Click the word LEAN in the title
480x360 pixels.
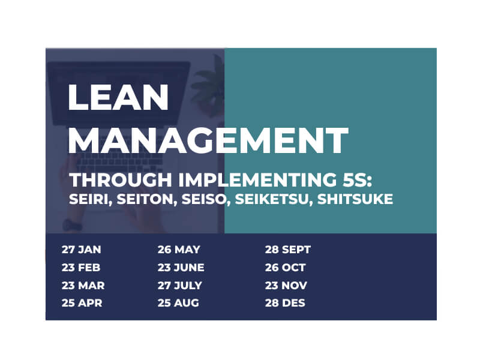pos(118,97)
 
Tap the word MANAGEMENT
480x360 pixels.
pos(208,140)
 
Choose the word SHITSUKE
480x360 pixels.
pos(355,199)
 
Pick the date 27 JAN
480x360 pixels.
pos(81,250)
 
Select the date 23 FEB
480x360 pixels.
pos(81,268)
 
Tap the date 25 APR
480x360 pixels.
pos(82,303)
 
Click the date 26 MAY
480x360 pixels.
pos(179,250)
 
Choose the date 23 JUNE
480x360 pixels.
pos(181,268)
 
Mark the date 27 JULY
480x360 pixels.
pos(179,286)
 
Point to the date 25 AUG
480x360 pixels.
pos(178,303)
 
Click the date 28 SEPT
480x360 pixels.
pos(288,250)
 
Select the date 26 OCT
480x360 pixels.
pos(286,268)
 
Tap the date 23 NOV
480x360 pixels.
pos(286,286)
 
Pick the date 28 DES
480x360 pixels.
pos(285,303)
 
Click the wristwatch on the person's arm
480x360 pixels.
pos(72,225)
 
